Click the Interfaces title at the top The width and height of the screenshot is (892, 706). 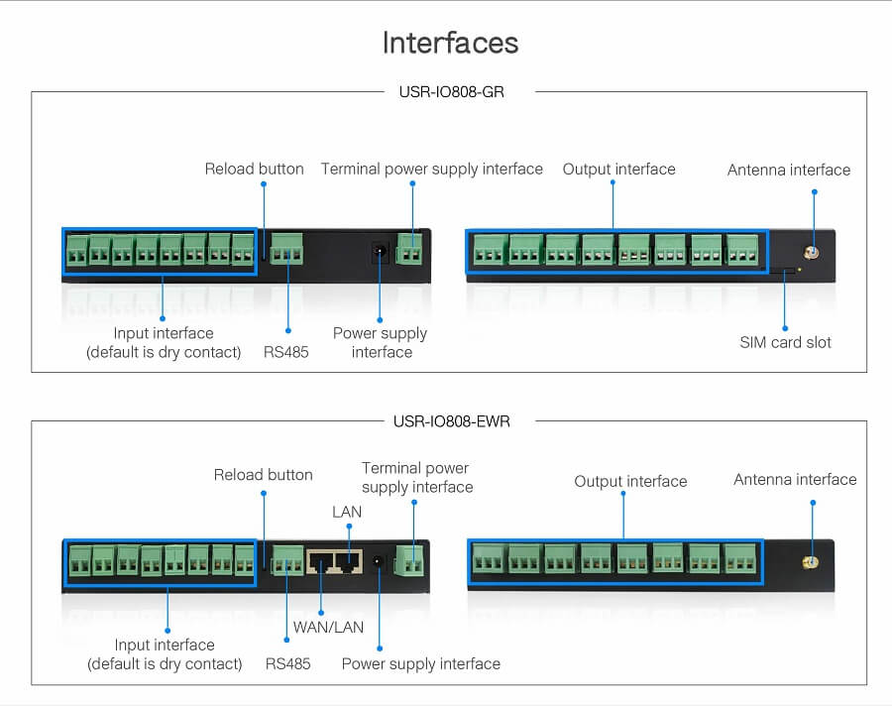[450, 44]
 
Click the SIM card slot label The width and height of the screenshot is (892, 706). [785, 342]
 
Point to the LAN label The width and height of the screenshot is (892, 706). [347, 512]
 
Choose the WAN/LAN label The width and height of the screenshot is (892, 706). [328, 628]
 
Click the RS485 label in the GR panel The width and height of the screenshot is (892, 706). [285, 352]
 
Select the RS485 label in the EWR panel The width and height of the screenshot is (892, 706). [287, 663]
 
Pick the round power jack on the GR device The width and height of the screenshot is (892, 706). [379, 252]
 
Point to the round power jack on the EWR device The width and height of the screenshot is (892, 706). [378, 562]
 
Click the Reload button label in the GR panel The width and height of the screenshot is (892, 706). [254, 169]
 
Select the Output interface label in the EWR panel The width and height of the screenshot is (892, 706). [630, 481]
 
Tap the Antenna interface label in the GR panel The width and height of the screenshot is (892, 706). [789, 170]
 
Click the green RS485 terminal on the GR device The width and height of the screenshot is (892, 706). [286, 249]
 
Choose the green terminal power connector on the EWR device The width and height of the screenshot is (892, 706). [408, 561]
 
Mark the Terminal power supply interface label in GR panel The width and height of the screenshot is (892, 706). [431, 169]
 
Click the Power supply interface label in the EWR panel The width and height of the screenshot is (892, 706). [420, 663]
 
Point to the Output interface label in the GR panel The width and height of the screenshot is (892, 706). [618, 169]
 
